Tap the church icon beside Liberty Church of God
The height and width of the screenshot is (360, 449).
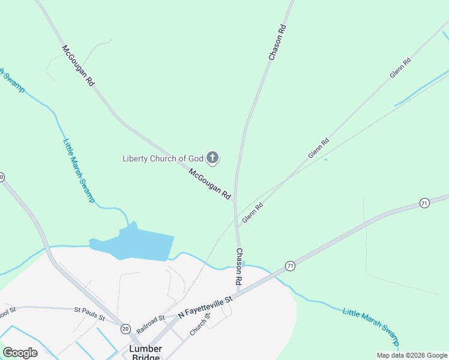point(212,158)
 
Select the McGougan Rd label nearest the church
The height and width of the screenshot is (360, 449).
point(210,184)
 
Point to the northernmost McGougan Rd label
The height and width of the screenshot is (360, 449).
point(77,65)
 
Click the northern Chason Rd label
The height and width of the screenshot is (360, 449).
point(277,42)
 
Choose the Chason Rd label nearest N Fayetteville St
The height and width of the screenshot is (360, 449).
point(239,266)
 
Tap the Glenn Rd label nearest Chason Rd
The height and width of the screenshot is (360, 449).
point(253,213)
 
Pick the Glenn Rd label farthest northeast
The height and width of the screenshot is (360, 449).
point(400,67)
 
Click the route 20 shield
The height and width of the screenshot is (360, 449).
point(125,328)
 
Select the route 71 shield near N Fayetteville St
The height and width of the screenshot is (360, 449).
point(290,265)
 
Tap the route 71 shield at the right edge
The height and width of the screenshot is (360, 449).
point(424,203)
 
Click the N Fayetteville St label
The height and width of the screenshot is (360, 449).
point(205,307)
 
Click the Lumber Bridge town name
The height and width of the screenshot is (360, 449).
point(145,353)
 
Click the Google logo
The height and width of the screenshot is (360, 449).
point(20,353)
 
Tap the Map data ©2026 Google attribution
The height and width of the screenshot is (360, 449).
point(411,355)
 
